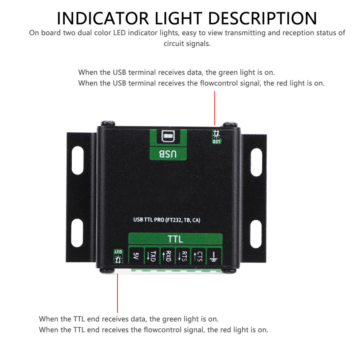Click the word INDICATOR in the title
103,19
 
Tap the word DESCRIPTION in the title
263,19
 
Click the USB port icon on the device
168,136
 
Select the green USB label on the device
168,153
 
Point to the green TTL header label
175,239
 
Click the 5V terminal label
136,256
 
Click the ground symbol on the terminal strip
213,257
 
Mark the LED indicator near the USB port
216,137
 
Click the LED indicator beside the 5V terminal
118,257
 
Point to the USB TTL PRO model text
167,220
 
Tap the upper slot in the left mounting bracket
77,160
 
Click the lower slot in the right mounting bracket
256,234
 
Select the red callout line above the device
215,108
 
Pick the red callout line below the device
117,293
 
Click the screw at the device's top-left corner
108,123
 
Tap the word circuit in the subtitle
174,43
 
